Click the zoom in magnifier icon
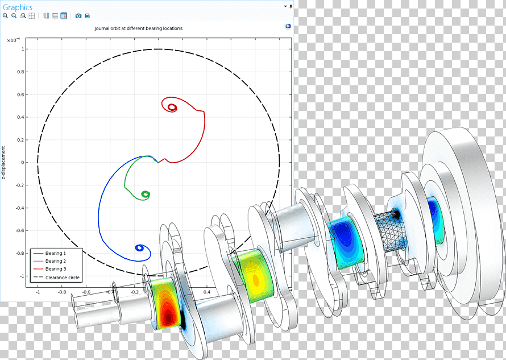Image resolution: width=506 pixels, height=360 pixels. (x=5, y=15)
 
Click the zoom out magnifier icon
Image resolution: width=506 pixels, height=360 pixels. (x=14, y=15)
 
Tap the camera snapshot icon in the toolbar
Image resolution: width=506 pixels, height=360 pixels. (x=78, y=15)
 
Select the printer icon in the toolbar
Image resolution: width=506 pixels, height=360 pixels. (x=87, y=15)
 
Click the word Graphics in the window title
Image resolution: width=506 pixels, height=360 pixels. (x=18, y=7)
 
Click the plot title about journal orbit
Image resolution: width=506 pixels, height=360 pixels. (x=139, y=28)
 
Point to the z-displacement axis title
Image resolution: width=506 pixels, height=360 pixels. (x=3, y=163)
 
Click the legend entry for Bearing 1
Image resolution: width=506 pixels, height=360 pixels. (x=56, y=253)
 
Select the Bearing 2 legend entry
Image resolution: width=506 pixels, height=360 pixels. (x=56, y=261)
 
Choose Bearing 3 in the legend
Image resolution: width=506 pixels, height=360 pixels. (x=56, y=268)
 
